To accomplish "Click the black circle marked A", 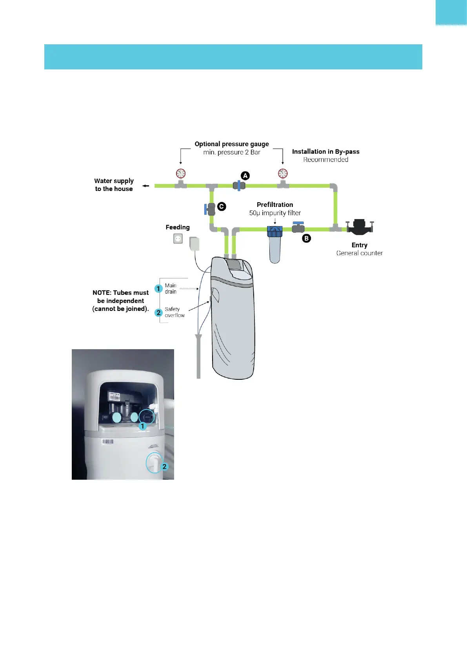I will click(245, 176).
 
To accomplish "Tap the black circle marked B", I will click(306, 238).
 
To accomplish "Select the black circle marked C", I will click(222, 206).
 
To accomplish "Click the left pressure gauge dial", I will click(180, 173).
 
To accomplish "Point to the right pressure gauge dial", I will click(283, 173).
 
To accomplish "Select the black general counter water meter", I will click(360, 227).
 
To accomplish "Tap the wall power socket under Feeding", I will click(178, 238).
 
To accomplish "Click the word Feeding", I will click(177, 227).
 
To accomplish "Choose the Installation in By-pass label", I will click(325, 152).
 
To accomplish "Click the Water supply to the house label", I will click(114, 185).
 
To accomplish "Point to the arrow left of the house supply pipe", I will click(145, 186).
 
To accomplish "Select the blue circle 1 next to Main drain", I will click(158, 288).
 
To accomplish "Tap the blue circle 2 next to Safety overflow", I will click(158, 312).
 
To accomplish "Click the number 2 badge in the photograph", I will click(164, 466).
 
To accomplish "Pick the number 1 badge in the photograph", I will click(143, 426).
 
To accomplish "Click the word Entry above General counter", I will click(359, 245).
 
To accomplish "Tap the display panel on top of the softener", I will click(234, 264).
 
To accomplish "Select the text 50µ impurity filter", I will click(275, 213).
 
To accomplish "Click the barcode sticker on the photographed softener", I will click(107, 442).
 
